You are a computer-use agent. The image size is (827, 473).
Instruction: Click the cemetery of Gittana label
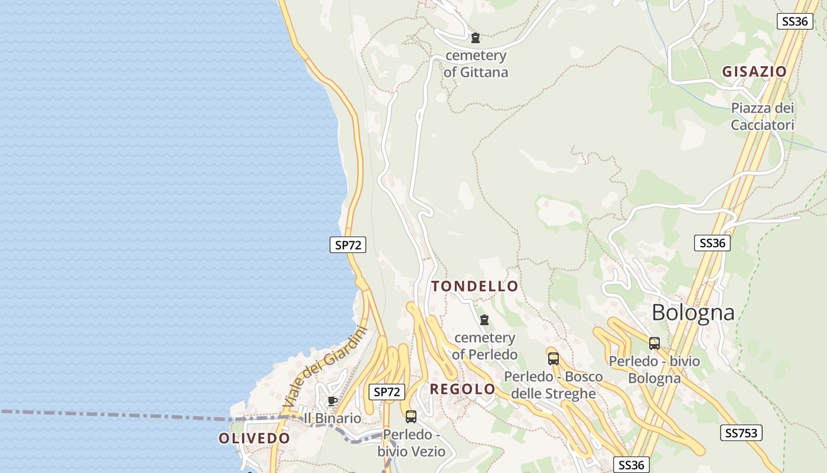click(476, 64)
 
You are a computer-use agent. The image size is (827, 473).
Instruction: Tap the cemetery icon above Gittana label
click(476, 38)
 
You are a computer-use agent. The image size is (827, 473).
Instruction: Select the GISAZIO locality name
click(754, 72)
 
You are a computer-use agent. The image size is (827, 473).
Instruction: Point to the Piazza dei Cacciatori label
click(762, 116)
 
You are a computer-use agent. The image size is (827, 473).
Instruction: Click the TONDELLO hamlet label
click(475, 286)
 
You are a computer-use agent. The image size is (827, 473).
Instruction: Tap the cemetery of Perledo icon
click(484, 320)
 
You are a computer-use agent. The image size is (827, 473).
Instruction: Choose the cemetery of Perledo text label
click(484, 346)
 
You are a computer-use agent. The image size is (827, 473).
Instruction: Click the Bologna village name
click(693, 312)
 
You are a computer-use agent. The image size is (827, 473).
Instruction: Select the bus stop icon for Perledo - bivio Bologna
click(654, 344)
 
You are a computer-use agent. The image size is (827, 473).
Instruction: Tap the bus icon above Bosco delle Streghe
click(553, 358)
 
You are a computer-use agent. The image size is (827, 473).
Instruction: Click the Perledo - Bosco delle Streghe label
click(553, 385)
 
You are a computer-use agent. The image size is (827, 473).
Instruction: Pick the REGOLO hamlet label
click(463, 389)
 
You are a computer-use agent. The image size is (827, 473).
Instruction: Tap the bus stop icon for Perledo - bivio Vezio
click(411, 416)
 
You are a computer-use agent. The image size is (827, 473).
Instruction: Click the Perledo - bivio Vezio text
click(411, 443)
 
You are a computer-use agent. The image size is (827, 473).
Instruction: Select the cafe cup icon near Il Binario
click(333, 401)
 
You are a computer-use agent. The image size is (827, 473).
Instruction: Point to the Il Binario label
click(332, 418)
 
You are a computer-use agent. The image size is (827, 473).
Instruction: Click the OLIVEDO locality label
click(254, 438)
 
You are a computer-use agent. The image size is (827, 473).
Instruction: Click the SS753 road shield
click(741, 433)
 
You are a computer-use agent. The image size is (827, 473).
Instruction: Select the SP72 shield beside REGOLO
click(387, 391)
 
